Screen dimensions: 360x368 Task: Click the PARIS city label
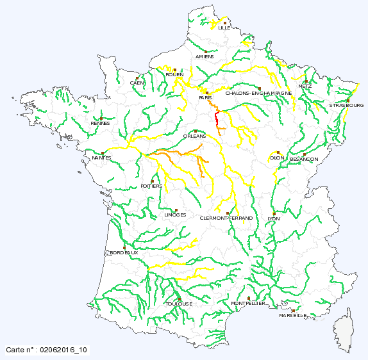205,97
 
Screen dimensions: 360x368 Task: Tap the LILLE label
224,28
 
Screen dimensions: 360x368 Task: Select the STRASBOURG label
346,105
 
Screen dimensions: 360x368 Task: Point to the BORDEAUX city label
124,253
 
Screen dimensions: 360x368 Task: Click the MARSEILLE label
293,316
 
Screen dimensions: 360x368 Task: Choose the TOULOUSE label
178,304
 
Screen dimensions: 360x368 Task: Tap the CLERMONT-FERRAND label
227,218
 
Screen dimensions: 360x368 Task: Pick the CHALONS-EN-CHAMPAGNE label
259,94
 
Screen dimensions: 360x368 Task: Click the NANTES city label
101,158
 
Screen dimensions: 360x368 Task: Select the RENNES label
100,123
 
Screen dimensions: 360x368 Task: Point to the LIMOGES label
175,215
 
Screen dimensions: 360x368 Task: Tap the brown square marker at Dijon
278,152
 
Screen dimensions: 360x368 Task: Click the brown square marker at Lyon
274,213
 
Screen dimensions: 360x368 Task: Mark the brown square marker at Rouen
174,69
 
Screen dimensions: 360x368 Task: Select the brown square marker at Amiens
205,51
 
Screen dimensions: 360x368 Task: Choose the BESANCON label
304,159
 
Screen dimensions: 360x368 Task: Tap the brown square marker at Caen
137,78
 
